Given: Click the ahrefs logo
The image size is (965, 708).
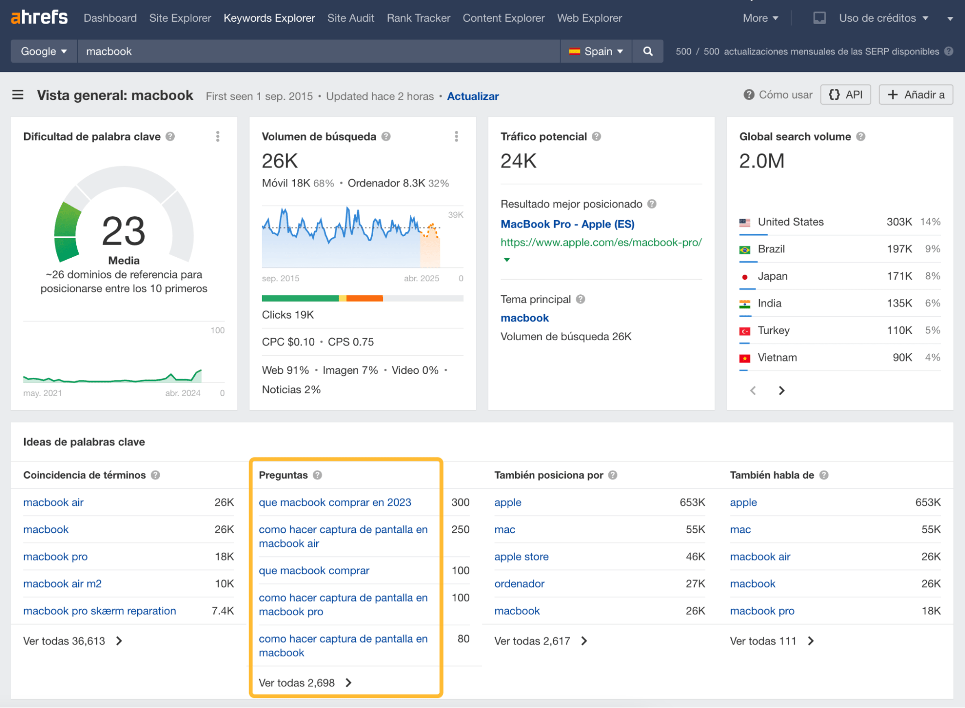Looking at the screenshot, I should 39,17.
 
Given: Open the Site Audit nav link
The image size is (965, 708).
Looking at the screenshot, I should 350,18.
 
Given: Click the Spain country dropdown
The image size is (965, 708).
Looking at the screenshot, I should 596,51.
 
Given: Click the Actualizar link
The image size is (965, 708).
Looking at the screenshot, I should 473,96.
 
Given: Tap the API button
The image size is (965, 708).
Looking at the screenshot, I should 845,95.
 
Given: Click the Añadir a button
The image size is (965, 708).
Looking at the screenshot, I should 915,95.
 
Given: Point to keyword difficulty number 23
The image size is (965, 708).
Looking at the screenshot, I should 124,231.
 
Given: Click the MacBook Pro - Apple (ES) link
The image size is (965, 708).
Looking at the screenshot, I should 567,224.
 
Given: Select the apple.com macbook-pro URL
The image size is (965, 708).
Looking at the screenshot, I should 601,242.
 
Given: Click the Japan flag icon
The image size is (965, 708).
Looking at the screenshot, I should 745,277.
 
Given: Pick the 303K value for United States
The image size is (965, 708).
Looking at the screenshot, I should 899,222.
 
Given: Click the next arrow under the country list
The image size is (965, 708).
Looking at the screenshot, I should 782,390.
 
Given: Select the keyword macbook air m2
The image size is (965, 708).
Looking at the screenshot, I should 62,583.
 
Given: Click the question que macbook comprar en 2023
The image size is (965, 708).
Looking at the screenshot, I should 335,502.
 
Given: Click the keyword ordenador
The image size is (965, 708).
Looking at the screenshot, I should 519,583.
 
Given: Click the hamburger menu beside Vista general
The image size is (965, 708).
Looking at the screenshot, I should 18,95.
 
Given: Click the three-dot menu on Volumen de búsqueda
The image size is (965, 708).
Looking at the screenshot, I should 456,137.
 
